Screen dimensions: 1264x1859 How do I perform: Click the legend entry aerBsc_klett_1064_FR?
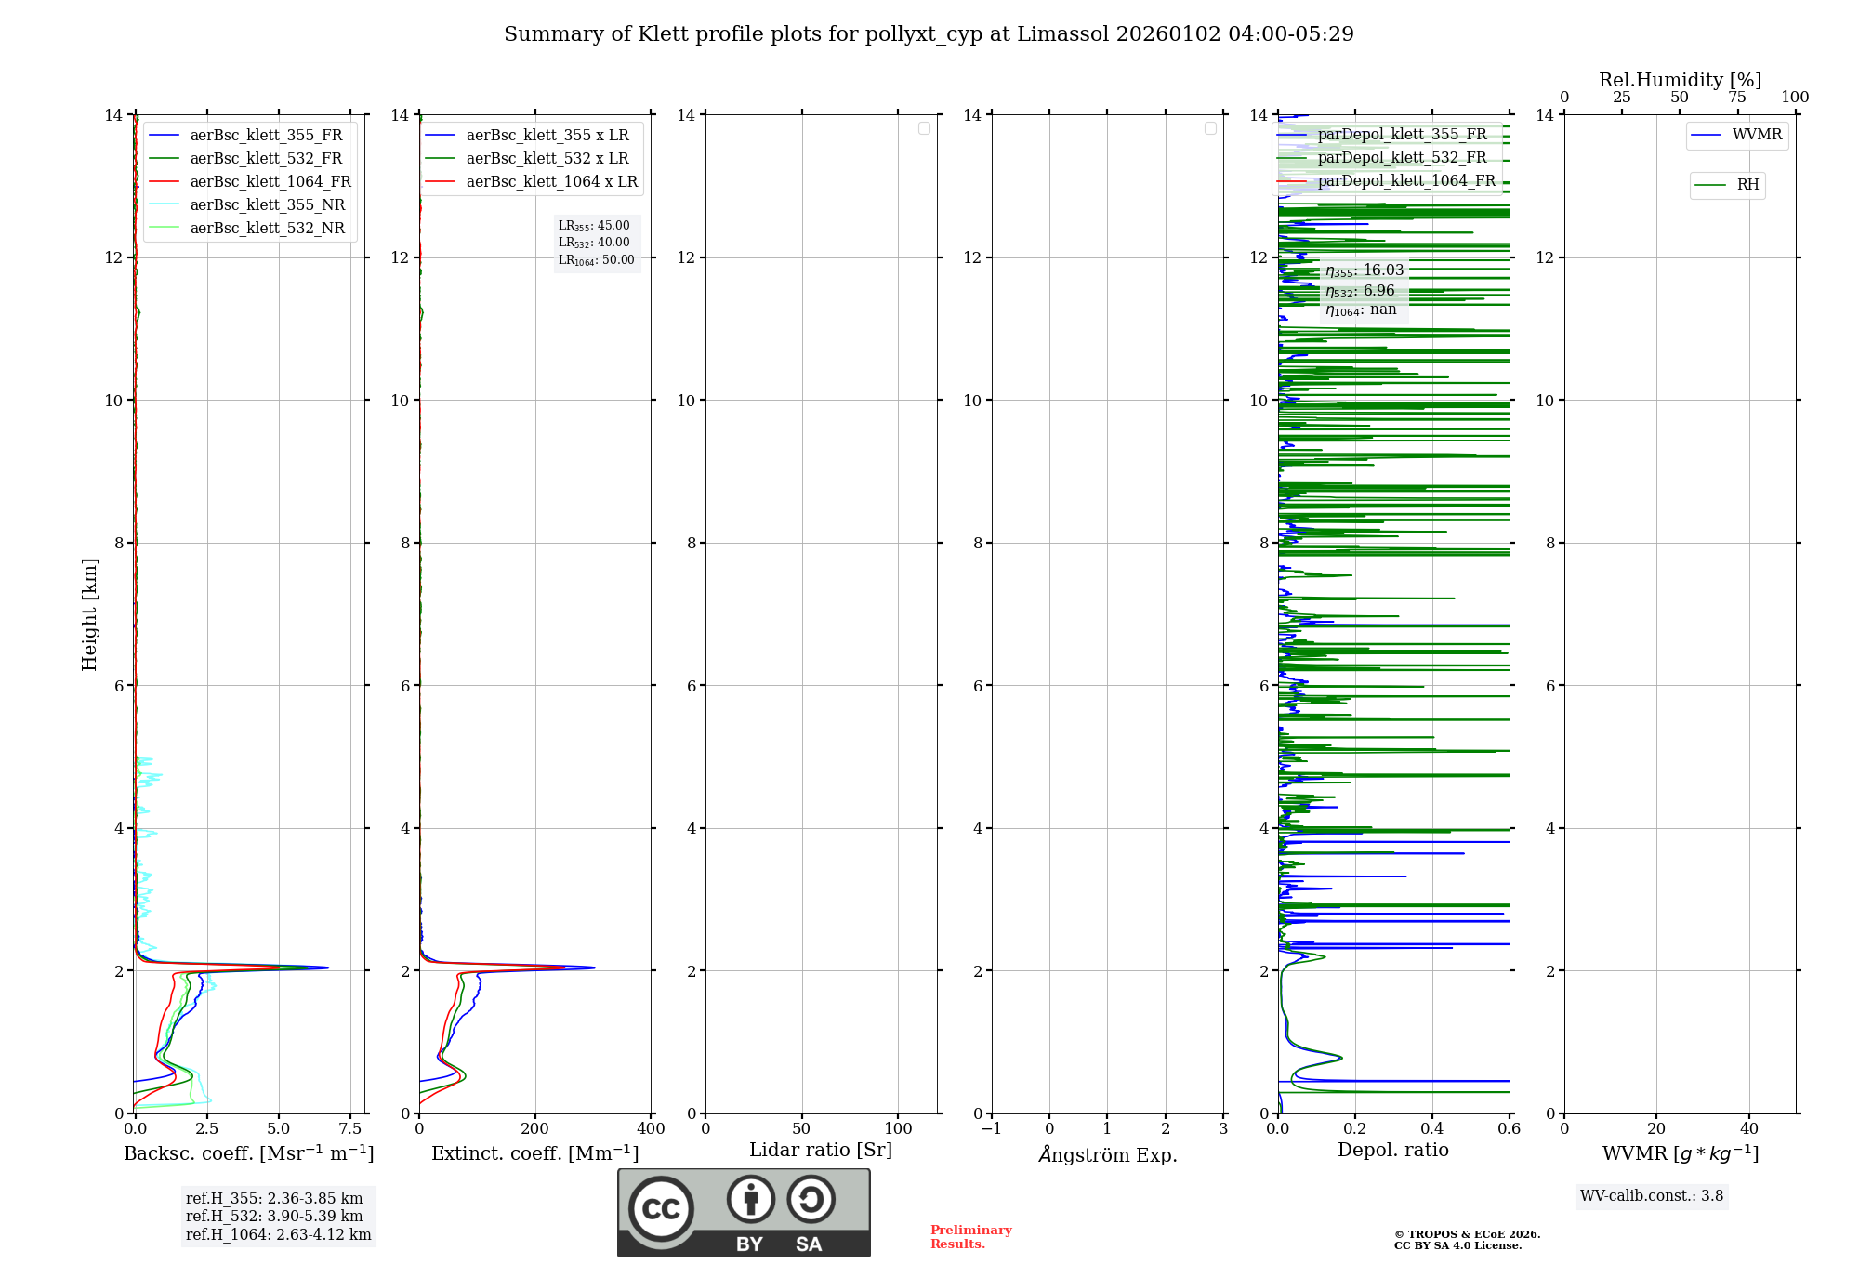[270, 181]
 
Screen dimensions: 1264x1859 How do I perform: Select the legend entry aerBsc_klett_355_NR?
[267, 204]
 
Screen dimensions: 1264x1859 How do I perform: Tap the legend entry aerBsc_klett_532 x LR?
[547, 158]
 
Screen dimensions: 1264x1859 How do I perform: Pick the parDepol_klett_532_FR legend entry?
[1402, 157]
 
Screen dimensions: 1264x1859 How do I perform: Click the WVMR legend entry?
[1757, 135]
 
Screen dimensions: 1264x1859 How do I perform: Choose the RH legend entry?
[1747, 185]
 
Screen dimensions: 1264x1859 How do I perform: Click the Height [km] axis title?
[89, 614]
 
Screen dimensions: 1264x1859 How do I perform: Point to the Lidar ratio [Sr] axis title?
[821, 1150]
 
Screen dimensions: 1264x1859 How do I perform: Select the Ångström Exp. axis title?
[1107, 1154]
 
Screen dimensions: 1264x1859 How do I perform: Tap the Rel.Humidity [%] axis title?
[1680, 80]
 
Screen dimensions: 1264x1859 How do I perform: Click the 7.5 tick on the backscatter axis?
[350, 1129]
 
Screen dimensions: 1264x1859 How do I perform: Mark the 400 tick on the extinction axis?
[651, 1129]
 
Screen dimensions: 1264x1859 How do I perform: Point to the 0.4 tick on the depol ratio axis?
[1432, 1129]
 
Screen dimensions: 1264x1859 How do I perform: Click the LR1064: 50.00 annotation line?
[596, 260]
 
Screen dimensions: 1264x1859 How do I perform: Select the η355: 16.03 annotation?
[1365, 270]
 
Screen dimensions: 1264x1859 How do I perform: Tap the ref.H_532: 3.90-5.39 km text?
[274, 1216]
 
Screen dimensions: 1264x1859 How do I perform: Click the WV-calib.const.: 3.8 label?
[1652, 1196]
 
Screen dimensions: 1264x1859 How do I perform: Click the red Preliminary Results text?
[970, 1237]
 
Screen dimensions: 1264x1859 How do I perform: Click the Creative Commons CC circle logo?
[661, 1209]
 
